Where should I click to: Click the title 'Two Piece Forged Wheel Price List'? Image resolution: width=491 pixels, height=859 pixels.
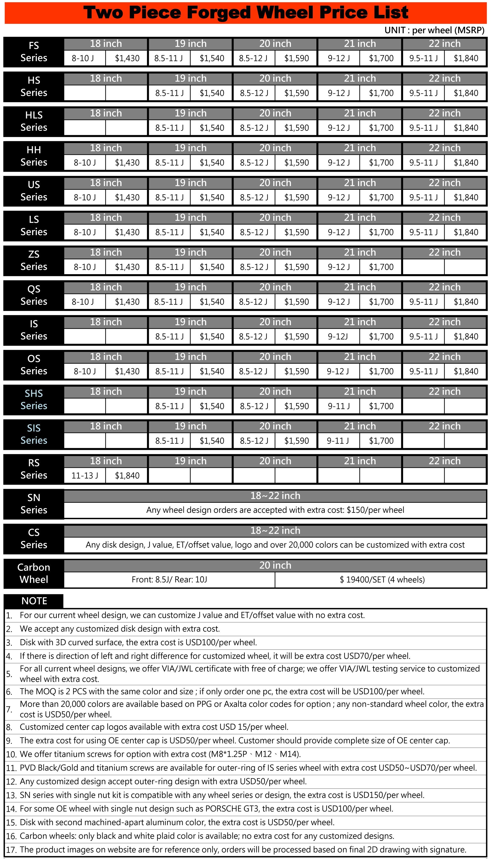[x=245, y=13]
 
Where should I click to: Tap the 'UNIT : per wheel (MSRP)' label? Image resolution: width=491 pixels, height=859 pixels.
[x=434, y=30]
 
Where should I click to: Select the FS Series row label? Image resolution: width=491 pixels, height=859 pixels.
[x=34, y=52]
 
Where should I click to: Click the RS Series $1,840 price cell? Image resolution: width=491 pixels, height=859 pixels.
[x=127, y=475]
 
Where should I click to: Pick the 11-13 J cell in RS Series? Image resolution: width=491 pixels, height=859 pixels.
[x=85, y=475]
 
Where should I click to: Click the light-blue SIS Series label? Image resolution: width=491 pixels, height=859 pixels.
[x=34, y=434]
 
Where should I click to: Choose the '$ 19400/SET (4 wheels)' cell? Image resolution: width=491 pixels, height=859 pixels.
[x=382, y=579]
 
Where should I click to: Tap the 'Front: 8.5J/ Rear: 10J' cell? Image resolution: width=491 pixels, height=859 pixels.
[x=169, y=579]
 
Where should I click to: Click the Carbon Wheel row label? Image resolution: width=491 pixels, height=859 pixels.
[x=34, y=573]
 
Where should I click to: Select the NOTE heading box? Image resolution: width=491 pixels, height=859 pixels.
[x=34, y=601]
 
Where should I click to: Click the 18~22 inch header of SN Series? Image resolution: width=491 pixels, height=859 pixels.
[x=275, y=495]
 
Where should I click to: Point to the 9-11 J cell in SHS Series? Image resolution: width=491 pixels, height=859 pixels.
[x=339, y=406]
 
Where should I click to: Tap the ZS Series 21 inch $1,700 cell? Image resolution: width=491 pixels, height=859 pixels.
[x=381, y=267]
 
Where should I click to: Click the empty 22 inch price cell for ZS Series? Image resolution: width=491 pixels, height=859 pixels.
[x=465, y=267]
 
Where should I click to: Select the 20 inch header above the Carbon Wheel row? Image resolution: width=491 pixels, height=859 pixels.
[x=275, y=565]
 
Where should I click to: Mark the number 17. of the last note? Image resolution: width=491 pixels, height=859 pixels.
[x=11, y=850]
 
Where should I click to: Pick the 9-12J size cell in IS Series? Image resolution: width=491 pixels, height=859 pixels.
[x=338, y=336]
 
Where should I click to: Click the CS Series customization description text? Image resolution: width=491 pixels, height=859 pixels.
[x=275, y=545]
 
